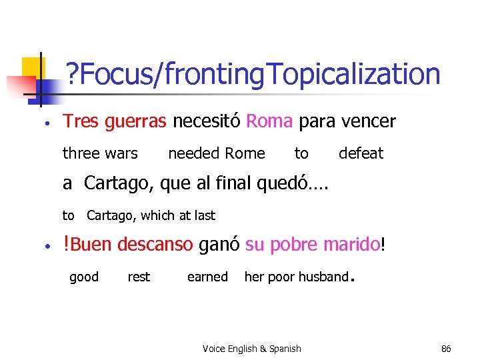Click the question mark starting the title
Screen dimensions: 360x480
[x=71, y=75]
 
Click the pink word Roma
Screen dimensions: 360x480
[x=269, y=121]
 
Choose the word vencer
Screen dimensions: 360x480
[x=368, y=121]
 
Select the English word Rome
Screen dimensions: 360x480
[x=245, y=153]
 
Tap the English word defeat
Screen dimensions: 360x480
[x=361, y=153]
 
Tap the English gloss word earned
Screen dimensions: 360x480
[x=207, y=277]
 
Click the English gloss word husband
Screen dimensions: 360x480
[x=324, y=277]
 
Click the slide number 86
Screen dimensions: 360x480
[x=446, y=349]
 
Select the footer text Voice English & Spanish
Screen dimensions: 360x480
[x=251, y=349]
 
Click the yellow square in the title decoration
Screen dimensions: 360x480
[x=32, y=67]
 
